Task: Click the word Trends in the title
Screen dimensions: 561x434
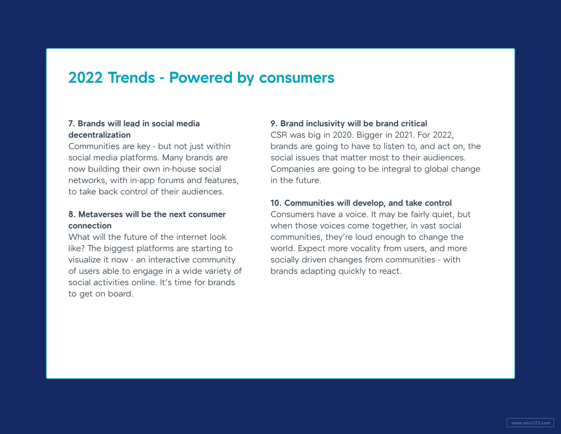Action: [x=131, y=78]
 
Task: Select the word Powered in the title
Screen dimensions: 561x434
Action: [x=201, y=78]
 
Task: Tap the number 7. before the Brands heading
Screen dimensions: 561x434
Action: [x=72, y=124]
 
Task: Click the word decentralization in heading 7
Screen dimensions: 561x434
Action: [x=99, y=135]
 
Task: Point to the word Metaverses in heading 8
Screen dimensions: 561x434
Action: [x=100, y=214]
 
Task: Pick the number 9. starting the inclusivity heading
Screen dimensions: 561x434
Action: [x=274, y=124]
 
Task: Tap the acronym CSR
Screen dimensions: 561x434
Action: [x=279, y=135]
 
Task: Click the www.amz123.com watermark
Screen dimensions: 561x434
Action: [x=530, y=423]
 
